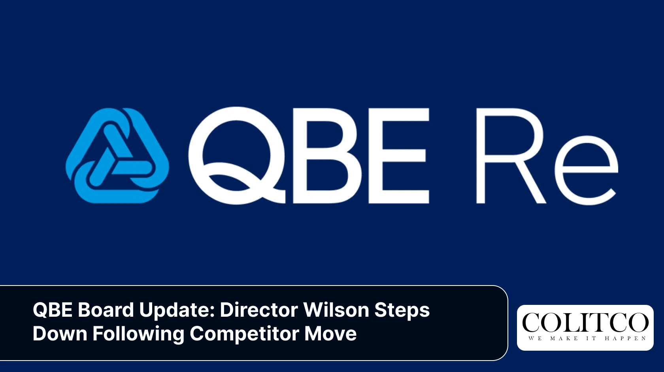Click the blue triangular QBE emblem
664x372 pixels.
point(117,156)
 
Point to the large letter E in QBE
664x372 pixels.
point(398,156)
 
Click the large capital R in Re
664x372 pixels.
point(510,156)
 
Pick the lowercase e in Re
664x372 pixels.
point(586,170)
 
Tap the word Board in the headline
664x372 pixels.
point(106,310)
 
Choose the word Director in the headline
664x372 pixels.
point(258,310)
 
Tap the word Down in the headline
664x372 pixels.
point(60,334)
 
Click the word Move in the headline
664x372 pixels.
point(330,334)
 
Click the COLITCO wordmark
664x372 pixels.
point(585,323)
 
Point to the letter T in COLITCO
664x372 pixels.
point(603,323)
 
